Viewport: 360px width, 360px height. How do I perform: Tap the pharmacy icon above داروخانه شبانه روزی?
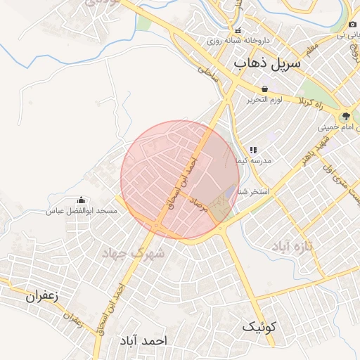238,31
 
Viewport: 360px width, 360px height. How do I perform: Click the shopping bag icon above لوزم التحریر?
264,89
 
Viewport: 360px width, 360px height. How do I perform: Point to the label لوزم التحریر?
264,100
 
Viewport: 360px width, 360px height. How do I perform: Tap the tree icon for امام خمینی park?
345,116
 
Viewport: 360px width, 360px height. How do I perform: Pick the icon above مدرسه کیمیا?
253,150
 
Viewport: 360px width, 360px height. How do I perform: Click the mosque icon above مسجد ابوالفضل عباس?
81,200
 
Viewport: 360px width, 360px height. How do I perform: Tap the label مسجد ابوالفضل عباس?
81,211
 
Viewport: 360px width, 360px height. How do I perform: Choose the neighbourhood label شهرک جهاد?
133,252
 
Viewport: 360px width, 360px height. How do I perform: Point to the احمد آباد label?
144,340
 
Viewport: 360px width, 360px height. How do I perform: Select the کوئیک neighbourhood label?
260,327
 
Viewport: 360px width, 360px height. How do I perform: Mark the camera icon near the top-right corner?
352,23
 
